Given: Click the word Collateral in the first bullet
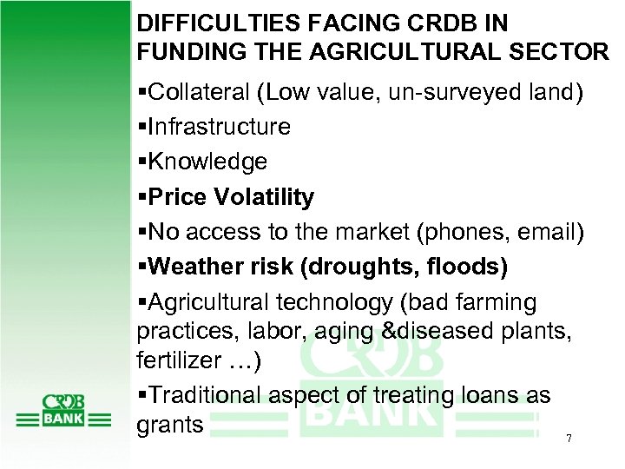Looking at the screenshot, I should tap(192, 92).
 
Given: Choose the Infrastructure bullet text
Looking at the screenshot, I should tap(219, 127).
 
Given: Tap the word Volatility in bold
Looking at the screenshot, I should tap(266, 197).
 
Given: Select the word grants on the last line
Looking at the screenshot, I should tap(169, 426).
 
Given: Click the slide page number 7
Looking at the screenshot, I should tap(568, 439).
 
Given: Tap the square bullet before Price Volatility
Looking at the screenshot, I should tap(141, 198).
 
